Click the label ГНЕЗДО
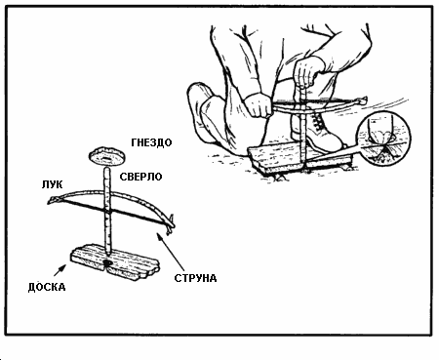pyautogui.click(x=151, y=142)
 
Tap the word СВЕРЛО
pyautogui.click(x=140, y=177)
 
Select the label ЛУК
pyautogui.click(x=52, y=184)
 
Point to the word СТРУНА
pyautogui.click(x=195, y=278)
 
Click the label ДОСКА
pyautogui.click(x=47, y=287)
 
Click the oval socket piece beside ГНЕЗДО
pyautogui.click(x=106, y=156)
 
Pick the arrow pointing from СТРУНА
pyautogui.click(x=172, y=252)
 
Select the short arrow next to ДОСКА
pyautogui.click(x=60, y=270)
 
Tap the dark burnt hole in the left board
pyautogui.click(x=107, y=262)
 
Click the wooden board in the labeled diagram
pyautogui.click(x=114, y=262)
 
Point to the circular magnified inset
pyautogui.click(x=383, y=139)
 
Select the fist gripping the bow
pyautogui.click(x=259, y=104)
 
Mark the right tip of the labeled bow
pyautogui.click(x=172, y=225)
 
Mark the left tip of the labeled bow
pyautogui.click(x=51, y=200)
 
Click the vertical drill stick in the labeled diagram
pyautogui.click(x=107, y=211)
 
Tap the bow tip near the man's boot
pyautogui.click(x=362, y=100)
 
